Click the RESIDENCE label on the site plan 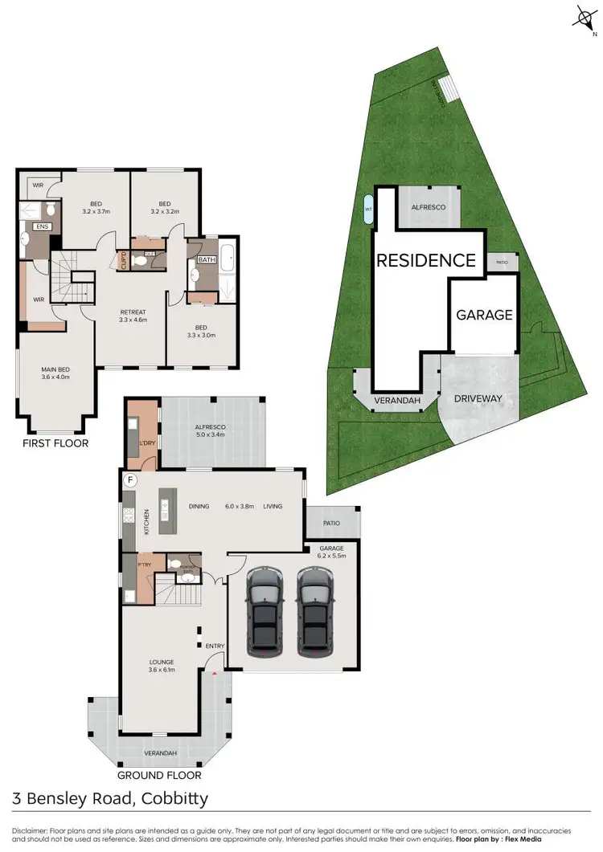pos(426,260)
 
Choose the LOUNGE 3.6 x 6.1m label pos(162,666)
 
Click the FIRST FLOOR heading pos(55,442)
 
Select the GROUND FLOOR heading pos(159,775)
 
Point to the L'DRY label pos(146,444)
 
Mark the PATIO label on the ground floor pos(331,523)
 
